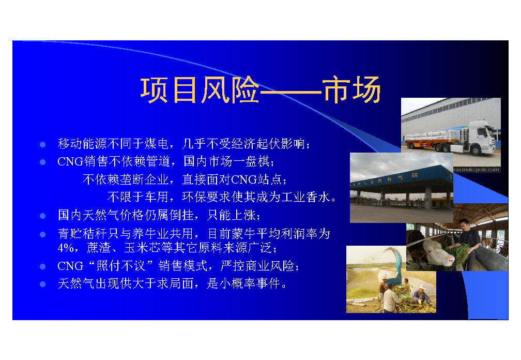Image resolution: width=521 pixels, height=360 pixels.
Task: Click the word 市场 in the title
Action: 352,89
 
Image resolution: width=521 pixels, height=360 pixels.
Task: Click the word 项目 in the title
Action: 168,89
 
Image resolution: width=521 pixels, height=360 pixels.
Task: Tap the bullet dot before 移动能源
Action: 42,144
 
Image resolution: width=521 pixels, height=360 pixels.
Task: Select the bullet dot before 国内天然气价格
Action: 42,216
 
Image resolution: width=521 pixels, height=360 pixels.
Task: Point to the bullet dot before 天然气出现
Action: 42,284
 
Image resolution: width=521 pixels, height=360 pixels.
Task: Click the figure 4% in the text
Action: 66,248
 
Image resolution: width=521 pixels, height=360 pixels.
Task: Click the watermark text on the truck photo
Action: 477,170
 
